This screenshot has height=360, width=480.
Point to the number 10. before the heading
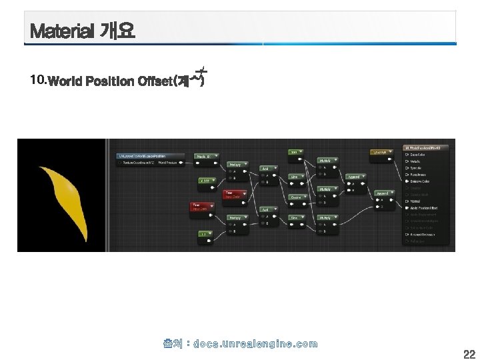click(39, 81)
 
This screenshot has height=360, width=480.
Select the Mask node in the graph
click(203, 157)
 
